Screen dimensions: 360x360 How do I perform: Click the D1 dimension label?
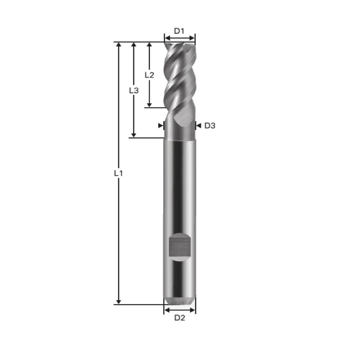[x=179, y=31]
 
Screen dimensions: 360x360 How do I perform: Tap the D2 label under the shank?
[x=180, y=318]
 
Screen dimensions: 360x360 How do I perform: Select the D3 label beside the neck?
[x=210, y=126]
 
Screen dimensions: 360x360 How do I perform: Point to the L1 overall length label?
[x=118, y=173]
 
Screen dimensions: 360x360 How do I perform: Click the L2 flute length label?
[x=149, y=75]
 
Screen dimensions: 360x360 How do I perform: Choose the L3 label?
[x=134, y=91]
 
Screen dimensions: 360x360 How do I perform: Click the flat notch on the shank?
[x=179, y=247]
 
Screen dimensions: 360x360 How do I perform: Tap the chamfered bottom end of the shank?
[x=180, y=300]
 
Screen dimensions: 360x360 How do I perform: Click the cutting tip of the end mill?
[x=179, y=45]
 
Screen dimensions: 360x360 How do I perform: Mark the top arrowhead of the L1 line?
[x=118, y=45]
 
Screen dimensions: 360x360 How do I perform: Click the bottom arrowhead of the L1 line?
[x=118, y=301]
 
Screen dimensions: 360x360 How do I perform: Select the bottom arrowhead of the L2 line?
[x=149, y=105]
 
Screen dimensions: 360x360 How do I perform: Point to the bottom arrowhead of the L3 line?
[x=134, y=135]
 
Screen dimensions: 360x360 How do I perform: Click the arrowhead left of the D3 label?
[x=198, y=126]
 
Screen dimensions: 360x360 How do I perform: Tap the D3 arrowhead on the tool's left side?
[x=161, y=126]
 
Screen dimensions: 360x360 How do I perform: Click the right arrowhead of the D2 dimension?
[x=193, y=310]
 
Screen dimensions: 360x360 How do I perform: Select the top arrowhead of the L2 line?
[x=149, y=45]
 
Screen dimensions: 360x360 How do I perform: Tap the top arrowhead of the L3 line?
[x=134, y=45]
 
